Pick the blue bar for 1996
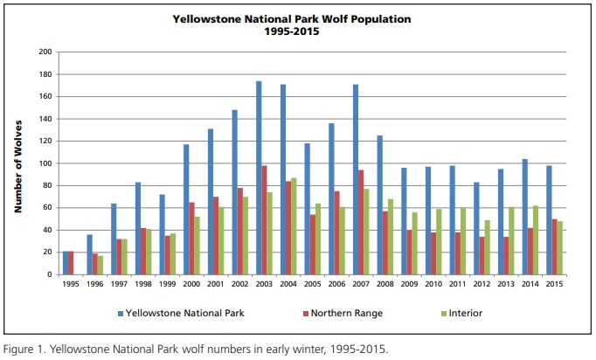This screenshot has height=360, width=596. tap(89, 254)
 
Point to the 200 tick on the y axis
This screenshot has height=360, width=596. tap(45, 52)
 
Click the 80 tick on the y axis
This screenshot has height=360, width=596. tap(47, 185)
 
